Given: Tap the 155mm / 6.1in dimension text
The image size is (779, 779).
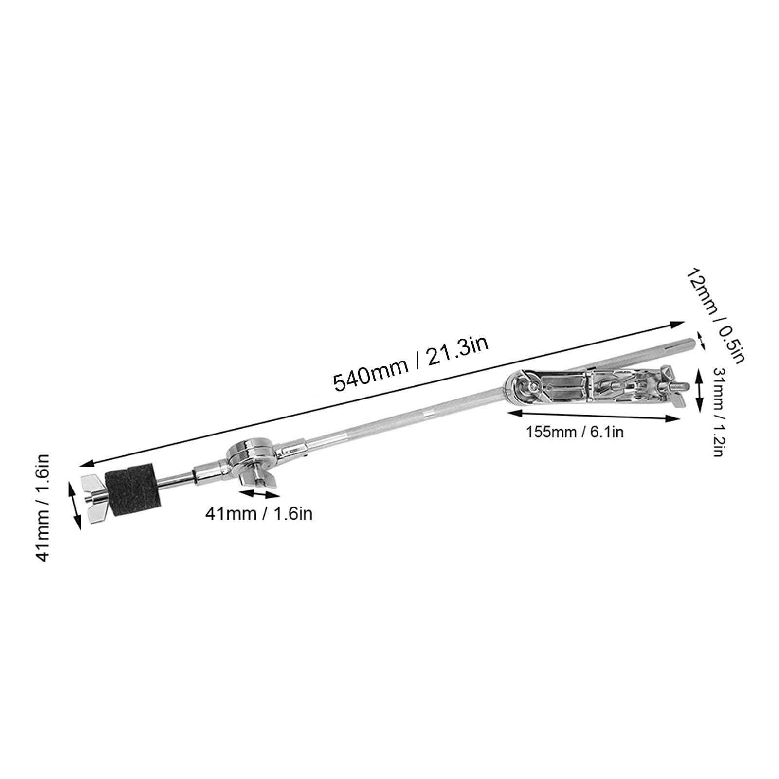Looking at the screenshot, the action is (574, 432).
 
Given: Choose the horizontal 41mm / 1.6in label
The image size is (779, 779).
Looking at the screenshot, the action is (258, 513).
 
